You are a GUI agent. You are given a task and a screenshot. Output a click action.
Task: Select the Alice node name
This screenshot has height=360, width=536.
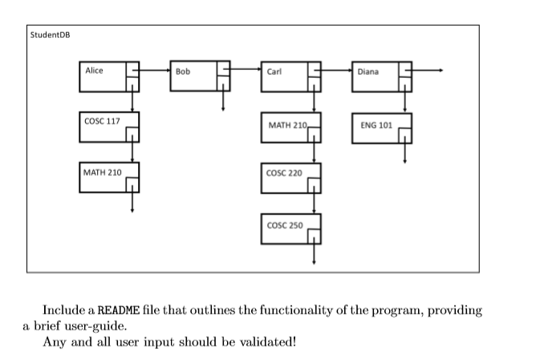point(95,71)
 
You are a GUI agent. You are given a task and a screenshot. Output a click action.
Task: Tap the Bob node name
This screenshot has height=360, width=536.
point(184,71)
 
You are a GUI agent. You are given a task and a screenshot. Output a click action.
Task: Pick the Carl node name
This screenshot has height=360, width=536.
point(274,71)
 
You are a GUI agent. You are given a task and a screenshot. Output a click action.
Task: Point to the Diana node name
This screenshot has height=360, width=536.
point(368,71)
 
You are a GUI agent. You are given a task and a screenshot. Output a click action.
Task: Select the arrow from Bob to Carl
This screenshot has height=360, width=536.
point(245,71)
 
